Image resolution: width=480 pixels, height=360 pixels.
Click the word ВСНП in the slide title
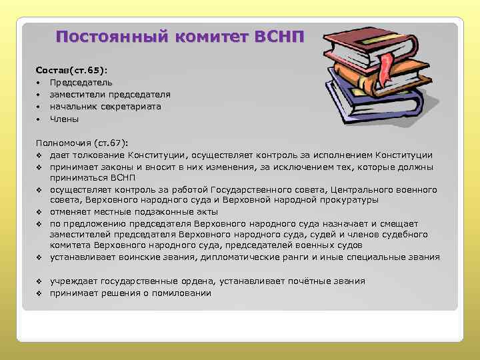(279, 36)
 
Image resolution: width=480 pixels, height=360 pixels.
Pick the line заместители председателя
(110, 95)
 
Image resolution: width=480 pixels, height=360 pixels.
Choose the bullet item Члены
(64, 119)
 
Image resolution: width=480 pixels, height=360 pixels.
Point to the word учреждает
(73, 281)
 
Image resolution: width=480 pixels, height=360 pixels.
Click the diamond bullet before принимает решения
(40, 293)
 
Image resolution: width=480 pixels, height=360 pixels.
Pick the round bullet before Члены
(40, 119)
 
